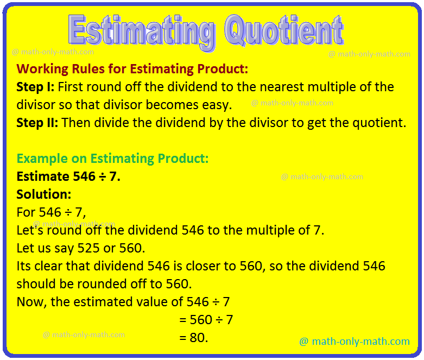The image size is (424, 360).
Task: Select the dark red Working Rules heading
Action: [132, 69]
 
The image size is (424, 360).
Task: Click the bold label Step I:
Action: [35, 87]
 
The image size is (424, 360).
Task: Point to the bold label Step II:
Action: [37, 122]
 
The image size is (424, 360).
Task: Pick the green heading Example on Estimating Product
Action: [112, 159]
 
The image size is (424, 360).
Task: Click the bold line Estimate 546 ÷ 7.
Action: [68, 176]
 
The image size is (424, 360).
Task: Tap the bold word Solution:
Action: [43, 194]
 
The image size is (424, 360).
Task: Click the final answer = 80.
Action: [193, 337]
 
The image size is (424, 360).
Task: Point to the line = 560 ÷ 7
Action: [206, 320]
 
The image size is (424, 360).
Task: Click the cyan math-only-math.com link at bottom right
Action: [354, 342]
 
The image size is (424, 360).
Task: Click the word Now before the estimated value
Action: [31, 302]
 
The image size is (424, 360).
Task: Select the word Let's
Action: [30, 230]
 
